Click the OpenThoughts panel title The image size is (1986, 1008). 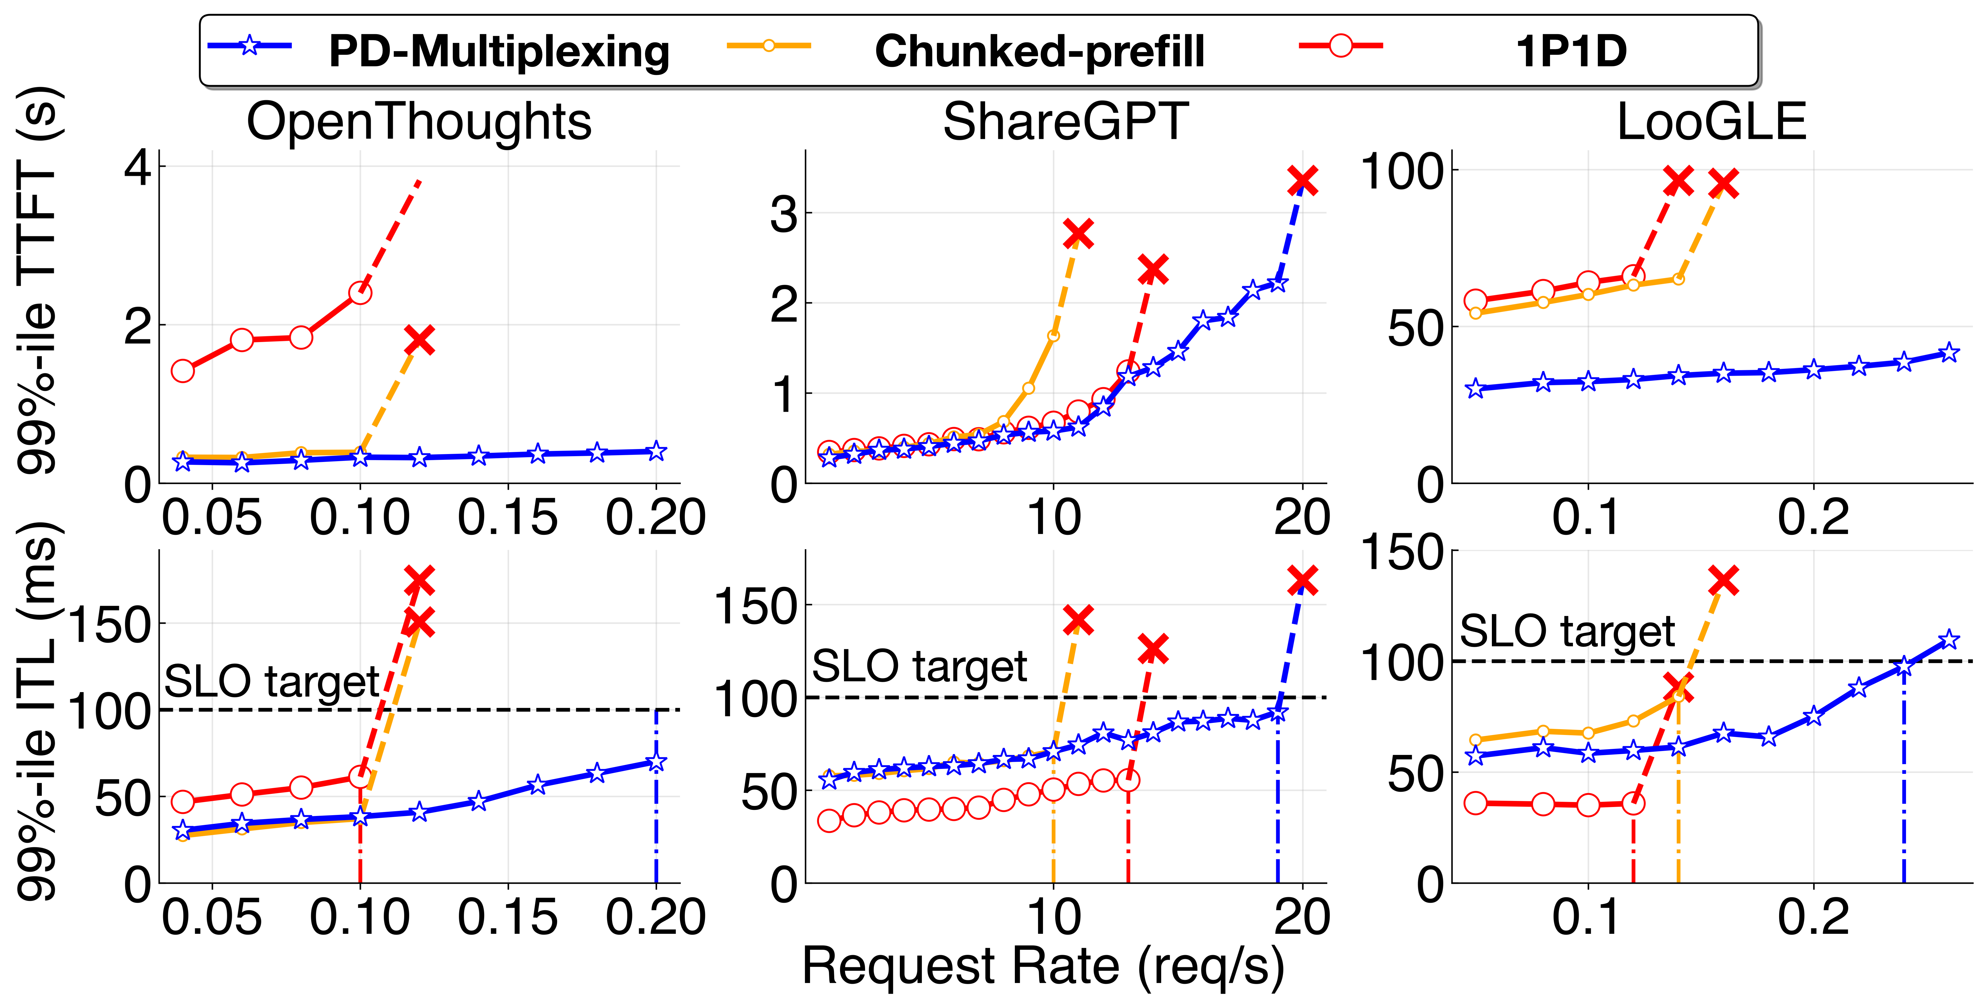pyautogui.click(x=419, y=122)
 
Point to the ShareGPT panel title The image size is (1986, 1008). pyautogui.click(x=1065, y=122)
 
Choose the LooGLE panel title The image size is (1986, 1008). pyautogui.click(x=1711, y=122)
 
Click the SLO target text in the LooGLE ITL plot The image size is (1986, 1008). pyautogui.click(x=1567, y=632)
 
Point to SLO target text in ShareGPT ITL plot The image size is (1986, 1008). pyautogui.click(x=919, y=666)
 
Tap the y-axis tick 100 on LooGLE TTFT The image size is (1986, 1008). pyautogui.click(x=1401, y=171)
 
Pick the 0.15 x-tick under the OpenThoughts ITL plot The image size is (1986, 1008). pyautogui.click(x=507, y=917)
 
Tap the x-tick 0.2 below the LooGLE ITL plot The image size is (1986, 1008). pyautogui.click(x=1813, y=917)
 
